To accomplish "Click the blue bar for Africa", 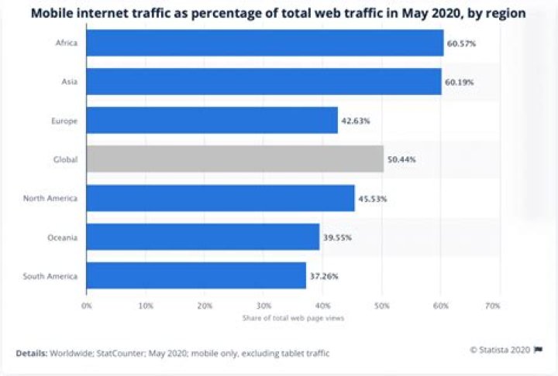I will tap(264, 43).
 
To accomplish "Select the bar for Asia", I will tap(263, 82).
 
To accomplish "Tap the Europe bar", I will tap(212, 121).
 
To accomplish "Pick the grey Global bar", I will tap(235, 159).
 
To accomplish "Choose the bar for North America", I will tap(220, 198).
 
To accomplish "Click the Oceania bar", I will tap(202, 237).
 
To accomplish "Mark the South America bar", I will tap(196, 275).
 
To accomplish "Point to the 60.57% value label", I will tap(461, 43).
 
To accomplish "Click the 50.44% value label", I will tap(401, 159).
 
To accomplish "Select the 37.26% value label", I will tap(323, 275).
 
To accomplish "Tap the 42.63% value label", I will tap(355, 121).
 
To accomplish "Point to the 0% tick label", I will tap(87, 306).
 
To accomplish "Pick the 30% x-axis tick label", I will tap(263, 306).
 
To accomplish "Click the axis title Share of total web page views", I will tap(292, 318).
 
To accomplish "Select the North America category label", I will tap(50, 198).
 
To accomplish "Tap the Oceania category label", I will tap(62, 237).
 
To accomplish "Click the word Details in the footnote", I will tap(31, 353).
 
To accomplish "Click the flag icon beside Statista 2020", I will tap(538, 349).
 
